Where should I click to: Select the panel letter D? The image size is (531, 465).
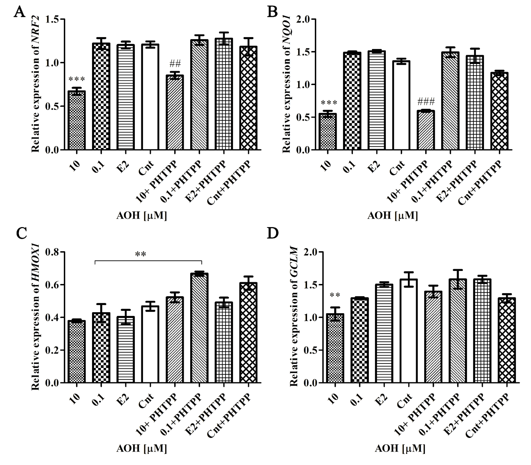(x=273, y=233)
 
